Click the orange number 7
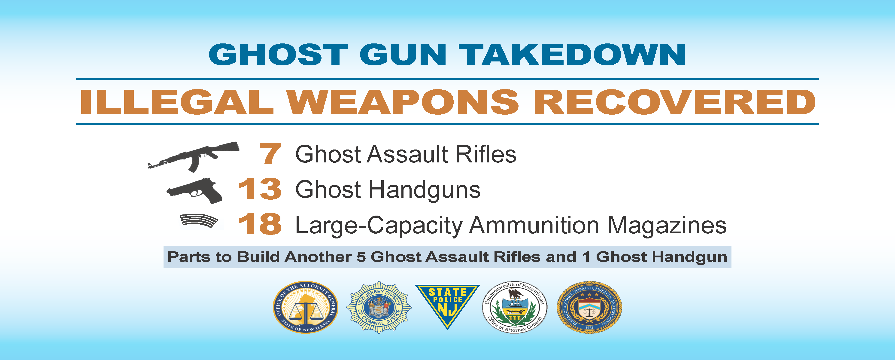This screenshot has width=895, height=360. pyautogui.click(x=270, y=154)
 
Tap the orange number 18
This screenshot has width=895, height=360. pyautogui.click(x=260, y=224)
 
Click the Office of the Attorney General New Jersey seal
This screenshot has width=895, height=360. pyautogui.click(x=305, y=307)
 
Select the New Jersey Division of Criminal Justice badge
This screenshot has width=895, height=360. pyautogui.click(x=379, y=307)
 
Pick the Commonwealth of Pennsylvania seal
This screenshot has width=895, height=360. pyautogui.click(x=515, y=307)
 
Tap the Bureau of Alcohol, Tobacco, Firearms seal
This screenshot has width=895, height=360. pyautogui.click(x=589, y=307)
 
